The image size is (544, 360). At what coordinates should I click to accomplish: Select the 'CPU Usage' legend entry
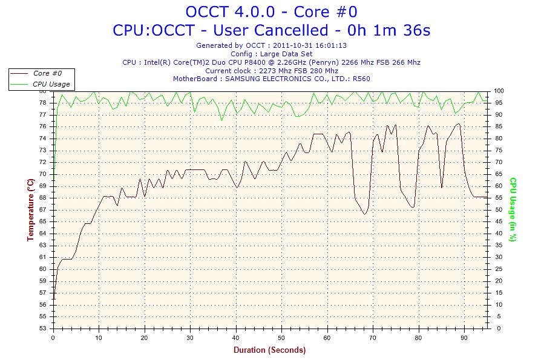point(51,84)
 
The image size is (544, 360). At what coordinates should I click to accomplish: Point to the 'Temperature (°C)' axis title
point(30,209)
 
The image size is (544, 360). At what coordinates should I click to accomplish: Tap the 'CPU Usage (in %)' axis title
point(513,209)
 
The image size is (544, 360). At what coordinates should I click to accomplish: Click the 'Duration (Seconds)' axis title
point(270,350)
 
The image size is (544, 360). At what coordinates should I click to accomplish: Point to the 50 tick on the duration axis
point(281,338)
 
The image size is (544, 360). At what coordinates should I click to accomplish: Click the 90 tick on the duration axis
point(464,338)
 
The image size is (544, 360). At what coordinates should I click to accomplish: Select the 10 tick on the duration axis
point(99,338)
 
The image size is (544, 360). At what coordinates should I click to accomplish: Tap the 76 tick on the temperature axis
point(44,126)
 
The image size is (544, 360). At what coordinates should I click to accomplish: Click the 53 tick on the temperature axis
point(44,329)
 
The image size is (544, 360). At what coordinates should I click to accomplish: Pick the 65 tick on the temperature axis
point(44,221)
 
